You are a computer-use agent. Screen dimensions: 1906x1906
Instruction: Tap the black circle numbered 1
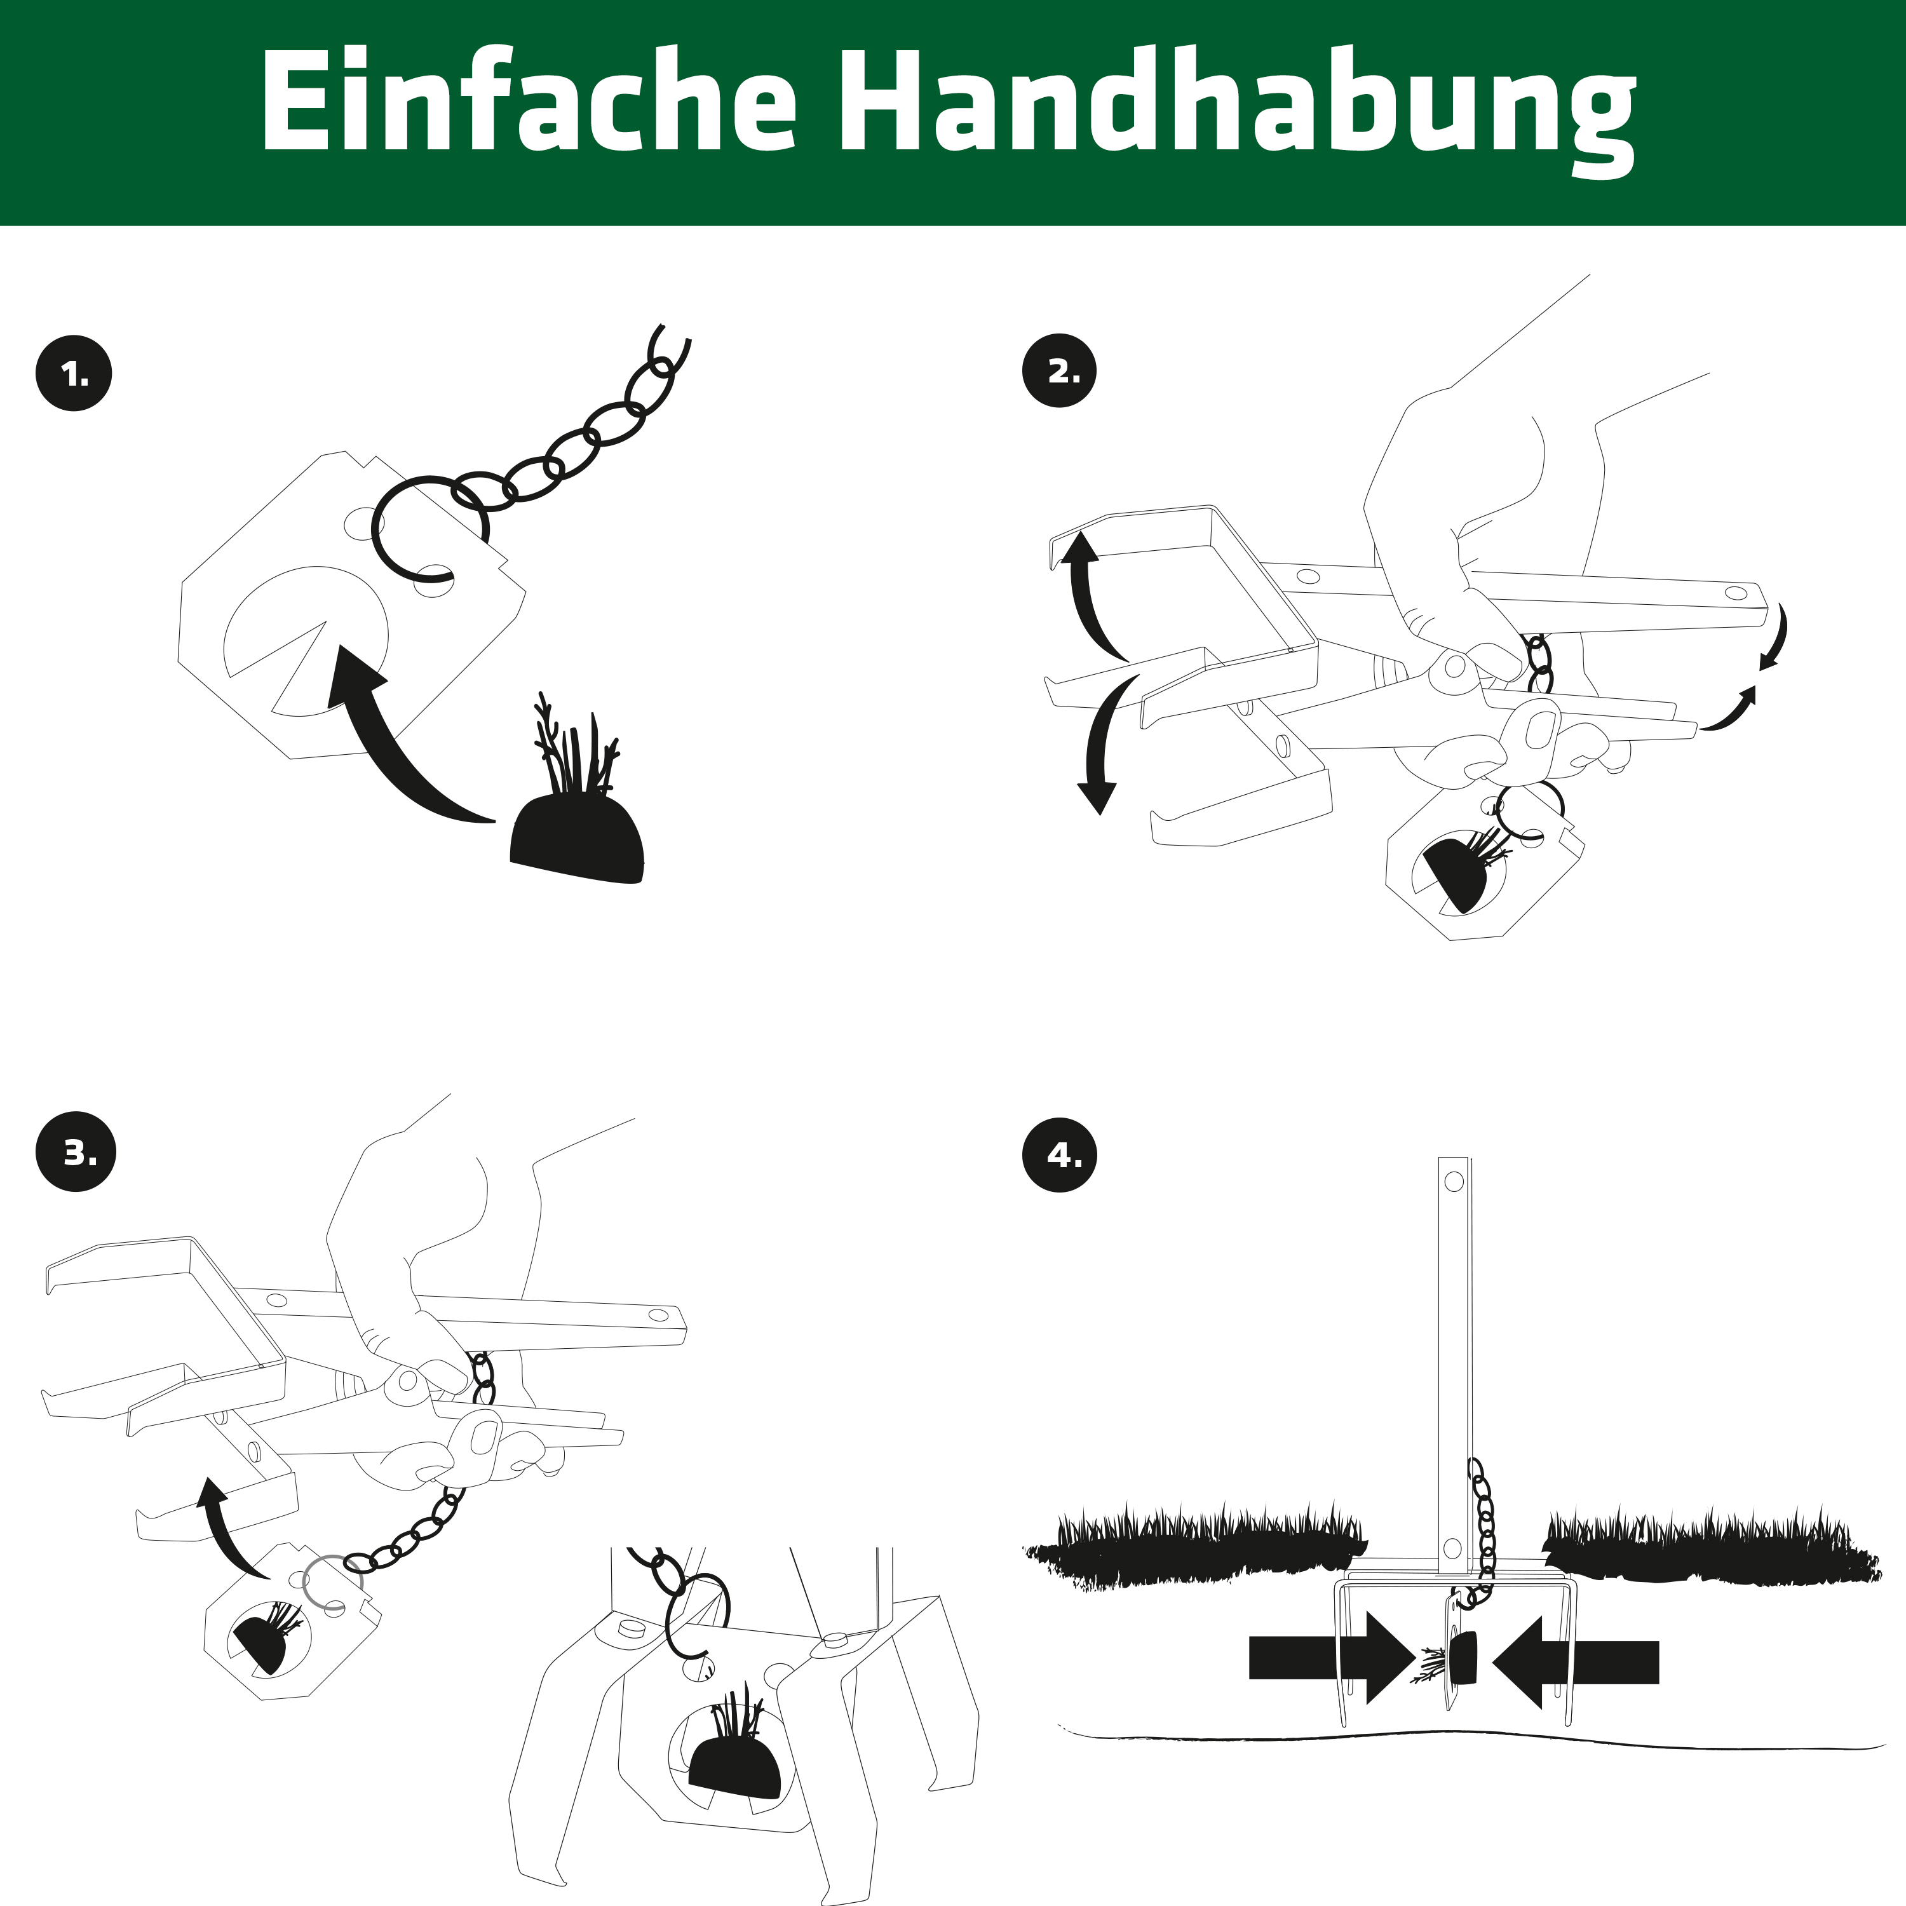tap(74, 374)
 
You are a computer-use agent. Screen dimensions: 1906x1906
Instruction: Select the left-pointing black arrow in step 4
tap(1576, 1661)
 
